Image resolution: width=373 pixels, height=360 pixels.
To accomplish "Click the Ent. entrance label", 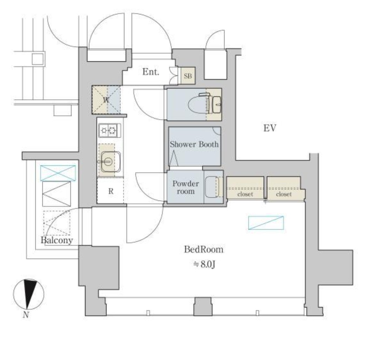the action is tap(151, 72).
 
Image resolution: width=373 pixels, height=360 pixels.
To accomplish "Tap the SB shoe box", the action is tap(188, 76).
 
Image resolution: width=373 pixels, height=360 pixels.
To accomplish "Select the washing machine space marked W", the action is tap(106, 100).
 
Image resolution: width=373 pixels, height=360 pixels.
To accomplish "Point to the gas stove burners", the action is tap(110, 130).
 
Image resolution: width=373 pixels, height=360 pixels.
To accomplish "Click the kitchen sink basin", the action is tap(111, 162).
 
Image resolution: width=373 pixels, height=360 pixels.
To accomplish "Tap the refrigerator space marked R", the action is tap(110, 191).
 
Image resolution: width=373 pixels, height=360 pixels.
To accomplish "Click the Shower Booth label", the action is tap(194, 144).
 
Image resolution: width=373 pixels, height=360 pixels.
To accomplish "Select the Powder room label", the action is tap(186, 188).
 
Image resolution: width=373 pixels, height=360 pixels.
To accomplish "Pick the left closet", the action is tap(245, 188).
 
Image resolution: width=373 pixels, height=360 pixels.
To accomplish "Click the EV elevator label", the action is tap(270, 128).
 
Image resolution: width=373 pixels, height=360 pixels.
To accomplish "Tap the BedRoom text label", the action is tap(203, 250).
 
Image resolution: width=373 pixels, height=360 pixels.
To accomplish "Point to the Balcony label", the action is tap(57, 240).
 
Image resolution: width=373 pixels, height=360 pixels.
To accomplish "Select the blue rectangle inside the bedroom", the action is tap(266, 223).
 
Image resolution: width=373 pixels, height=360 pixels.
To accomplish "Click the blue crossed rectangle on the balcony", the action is tap(58, 173).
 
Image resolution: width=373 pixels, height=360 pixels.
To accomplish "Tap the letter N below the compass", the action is tap(26, 315).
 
